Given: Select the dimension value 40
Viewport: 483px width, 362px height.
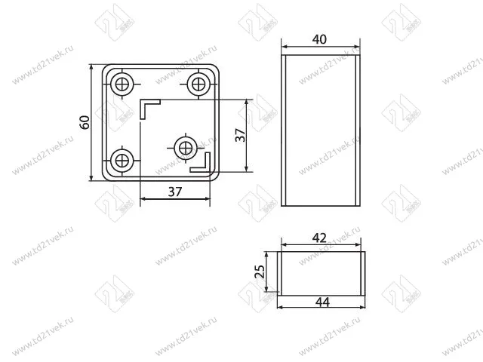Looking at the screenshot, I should click(320, 39).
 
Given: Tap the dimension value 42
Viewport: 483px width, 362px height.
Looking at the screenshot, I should click(319, 237).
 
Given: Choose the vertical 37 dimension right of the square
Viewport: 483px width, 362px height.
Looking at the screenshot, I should click(239, 135).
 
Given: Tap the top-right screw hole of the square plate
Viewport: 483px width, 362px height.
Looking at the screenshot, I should click(199, 82).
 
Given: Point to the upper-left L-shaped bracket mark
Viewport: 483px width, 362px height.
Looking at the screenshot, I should click(147, 106).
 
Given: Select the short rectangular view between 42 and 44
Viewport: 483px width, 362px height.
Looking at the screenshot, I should click(322, 273).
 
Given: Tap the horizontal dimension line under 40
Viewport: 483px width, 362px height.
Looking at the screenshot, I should click(320, 48).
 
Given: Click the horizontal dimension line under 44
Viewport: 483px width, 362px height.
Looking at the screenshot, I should click(321, 307).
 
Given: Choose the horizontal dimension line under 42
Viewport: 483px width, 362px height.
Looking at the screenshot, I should click(320, 245).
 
